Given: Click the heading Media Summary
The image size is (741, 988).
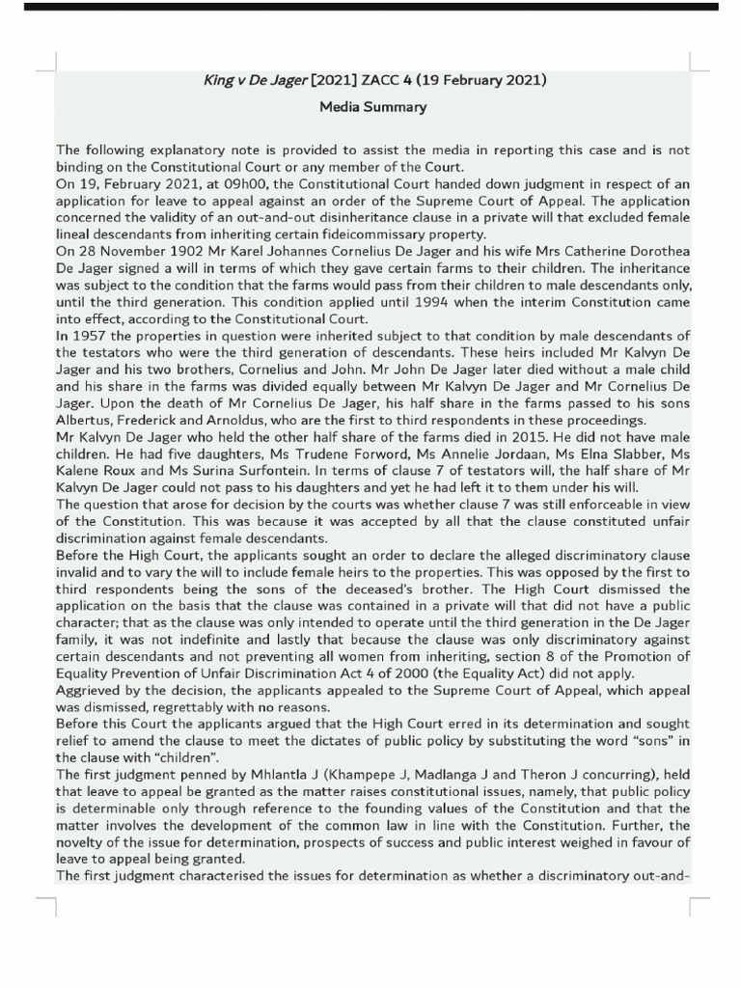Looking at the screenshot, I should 372,107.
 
